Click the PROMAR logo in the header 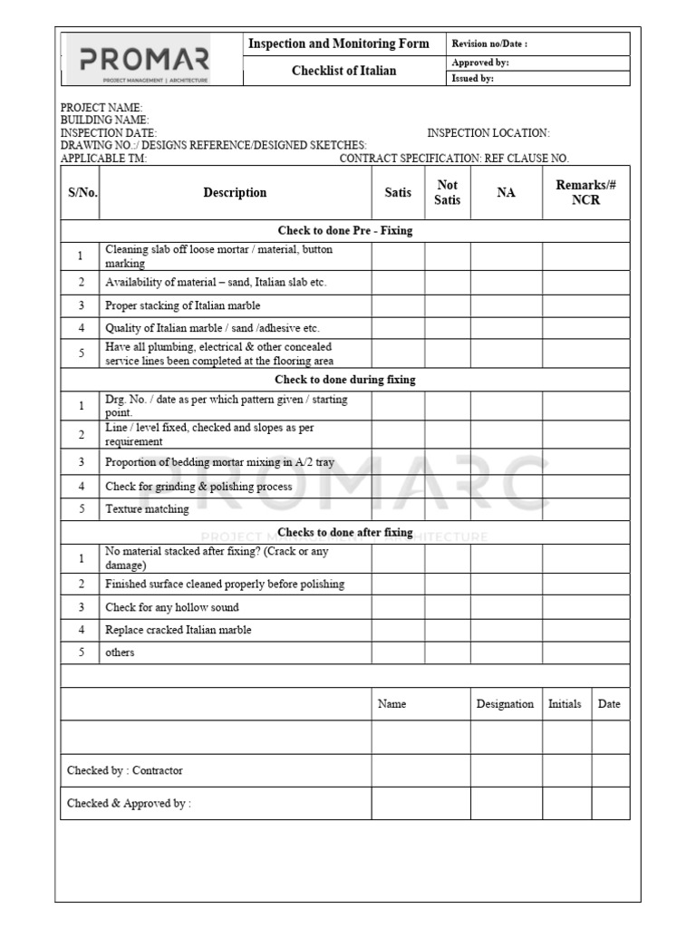tap(145, 62)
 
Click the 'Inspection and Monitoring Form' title tap(338, 44)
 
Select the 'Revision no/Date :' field tap(489, 44)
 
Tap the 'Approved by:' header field tap(480, 63)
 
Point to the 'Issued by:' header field tap(472, 79)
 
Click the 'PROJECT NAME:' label tap(101, 108)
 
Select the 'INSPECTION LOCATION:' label tap(488, 133)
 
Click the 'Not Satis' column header tap(447, 192)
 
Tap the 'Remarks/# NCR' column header tap(585, 192)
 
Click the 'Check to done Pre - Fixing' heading tap(345, 231)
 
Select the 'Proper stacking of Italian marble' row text tap(182, 305)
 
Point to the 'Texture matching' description tap(147, 509)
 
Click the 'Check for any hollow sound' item tap(172, 607)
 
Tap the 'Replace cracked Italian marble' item tap(179, 630)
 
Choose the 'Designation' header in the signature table tap(505, 704)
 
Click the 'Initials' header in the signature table tap(565, 704)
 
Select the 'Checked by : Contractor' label tap(125, 770)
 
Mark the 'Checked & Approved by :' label tap(129, 803)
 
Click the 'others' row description tap(120, 652)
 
